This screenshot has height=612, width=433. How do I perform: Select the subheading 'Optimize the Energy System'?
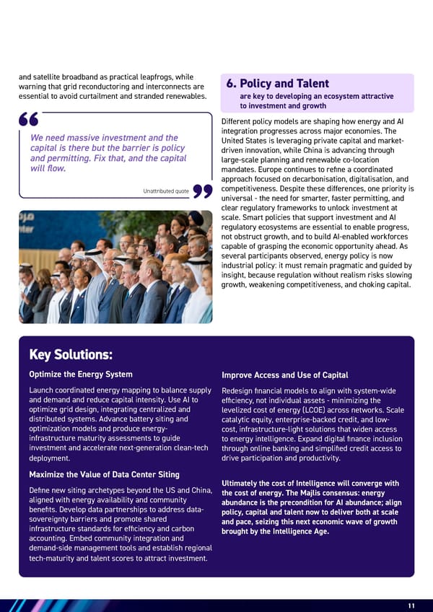(x=80, y=374)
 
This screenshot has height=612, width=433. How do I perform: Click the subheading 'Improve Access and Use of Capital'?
(x=284, y=375)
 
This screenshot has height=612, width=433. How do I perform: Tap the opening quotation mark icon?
(x=30, y=121)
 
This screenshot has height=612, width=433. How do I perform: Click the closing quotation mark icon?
(x=203, y=191)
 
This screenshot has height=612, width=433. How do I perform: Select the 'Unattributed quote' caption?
(x=167, y=191)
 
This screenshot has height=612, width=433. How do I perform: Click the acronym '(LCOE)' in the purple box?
(x=307, y=411)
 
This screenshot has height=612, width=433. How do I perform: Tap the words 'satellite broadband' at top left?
(x=65, y=77)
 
